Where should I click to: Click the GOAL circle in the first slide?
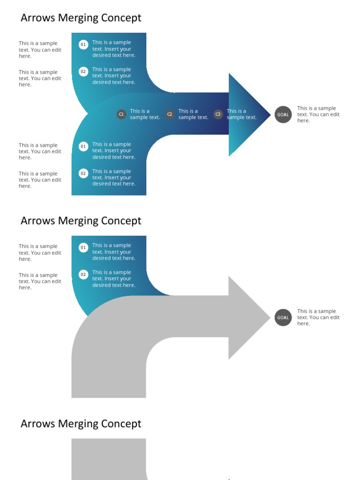coord(283,114)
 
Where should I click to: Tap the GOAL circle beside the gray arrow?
coord(283,317)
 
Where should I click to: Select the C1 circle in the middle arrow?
coord(121,114)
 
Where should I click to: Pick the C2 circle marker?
coord(170,114)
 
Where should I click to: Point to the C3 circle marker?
coord(218,114)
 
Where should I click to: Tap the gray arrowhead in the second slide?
coord(246,318)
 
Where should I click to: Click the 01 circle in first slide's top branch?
coord(83,45)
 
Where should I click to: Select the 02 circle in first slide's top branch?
coord(83,72)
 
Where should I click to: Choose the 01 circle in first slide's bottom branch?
coord(83,146)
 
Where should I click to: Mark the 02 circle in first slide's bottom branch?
coord(83,173)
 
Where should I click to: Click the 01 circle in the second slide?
coord(83,247)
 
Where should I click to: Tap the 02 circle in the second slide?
coord(83,275)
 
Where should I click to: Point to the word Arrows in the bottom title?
coord(37,424)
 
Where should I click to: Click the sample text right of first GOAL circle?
coord(318,114)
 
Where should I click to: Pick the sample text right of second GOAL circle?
coord(318,317)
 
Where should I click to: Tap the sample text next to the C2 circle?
coord(193,114)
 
